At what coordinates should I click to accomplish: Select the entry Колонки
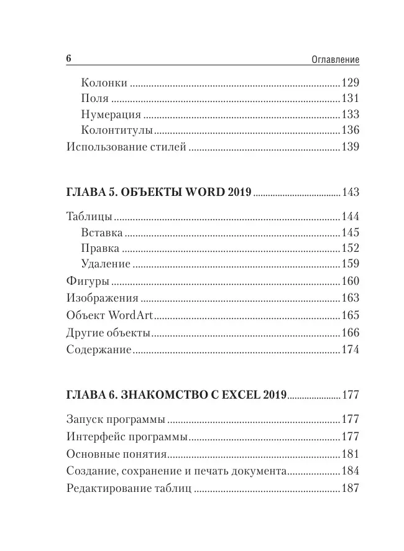tap(104, 83)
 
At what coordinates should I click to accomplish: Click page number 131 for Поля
tap(351, 99)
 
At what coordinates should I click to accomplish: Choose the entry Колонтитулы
tap(117, 131)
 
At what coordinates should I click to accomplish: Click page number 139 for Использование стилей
tap(351, 147)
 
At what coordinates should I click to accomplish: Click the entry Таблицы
tap(89, 217)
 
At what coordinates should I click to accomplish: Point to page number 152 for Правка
tap(351, 249)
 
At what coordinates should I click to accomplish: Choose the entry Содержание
tap(98, 350)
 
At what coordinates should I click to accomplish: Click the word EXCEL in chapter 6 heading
tap(237, 394)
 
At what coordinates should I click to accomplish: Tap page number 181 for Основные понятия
tap(351, 454)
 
